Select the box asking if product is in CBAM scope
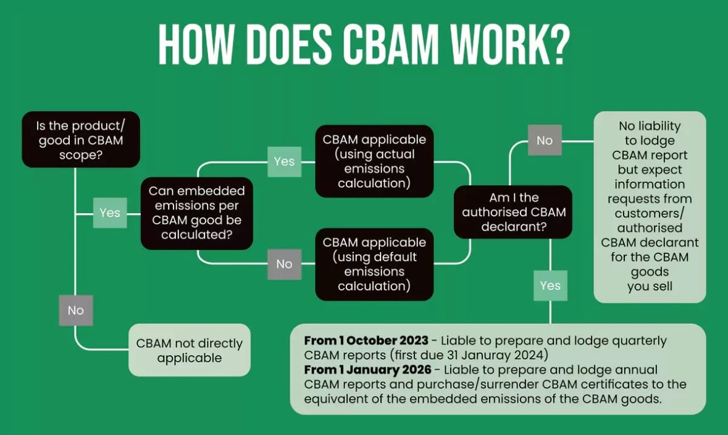coord(81,140)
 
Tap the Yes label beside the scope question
coord(110,213)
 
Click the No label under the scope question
coord(76,310)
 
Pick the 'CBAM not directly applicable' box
coord(190,350)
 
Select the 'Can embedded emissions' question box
coord(197,213)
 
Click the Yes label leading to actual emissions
coord(284,161)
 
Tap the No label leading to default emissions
coord(284,264)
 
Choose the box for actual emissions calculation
coord(374,161)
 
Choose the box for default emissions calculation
coord(374,264)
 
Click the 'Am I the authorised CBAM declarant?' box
coord(513,212)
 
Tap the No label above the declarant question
coord(545,140)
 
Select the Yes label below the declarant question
coord(550,285)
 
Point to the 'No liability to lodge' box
coord(650,206)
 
